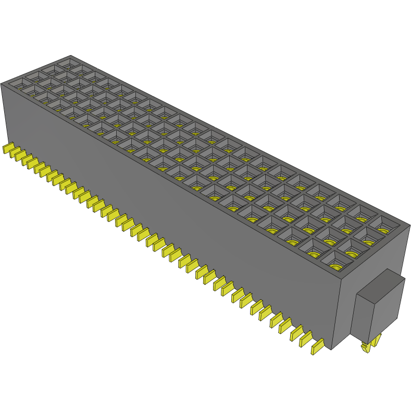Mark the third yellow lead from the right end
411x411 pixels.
coord(296,332)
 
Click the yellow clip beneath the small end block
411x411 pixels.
coord(370,345)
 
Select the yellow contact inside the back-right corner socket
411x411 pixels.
coord(384,230)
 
